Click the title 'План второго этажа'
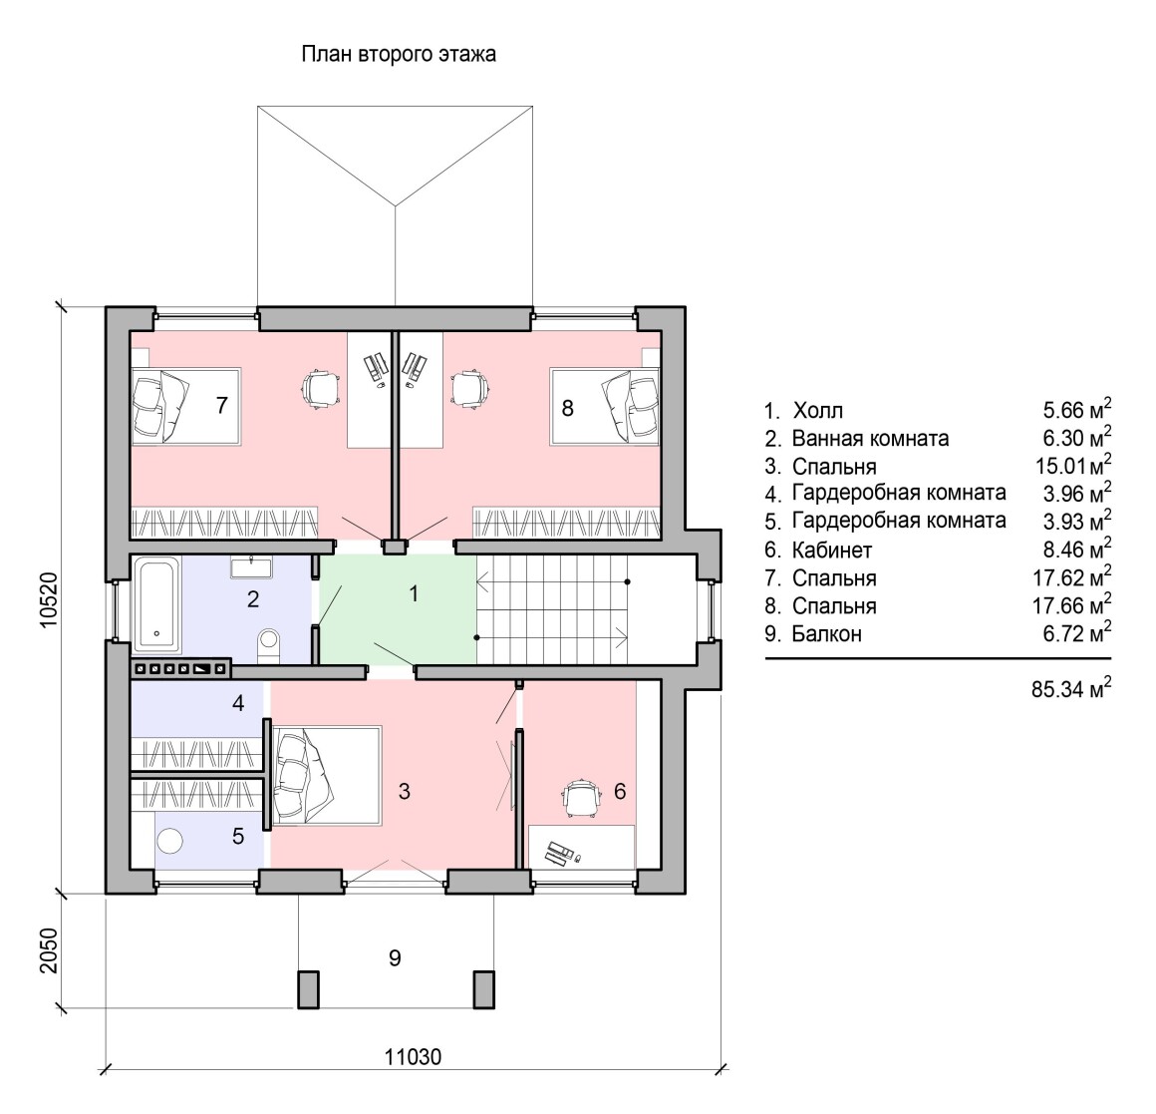coord(398,55)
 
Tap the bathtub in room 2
coord(156,605)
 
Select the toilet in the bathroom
coord(268,645)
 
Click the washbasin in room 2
coord(251,567)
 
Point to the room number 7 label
coord(222,405)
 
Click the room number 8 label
coord(567,408)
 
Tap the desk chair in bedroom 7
coord(322,387)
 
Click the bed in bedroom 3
coord(327,775)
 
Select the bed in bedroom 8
coord(605,407)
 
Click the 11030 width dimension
coord(413,1057)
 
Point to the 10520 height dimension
coord(49,599)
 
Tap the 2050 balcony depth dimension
coord(48,951)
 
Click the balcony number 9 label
coord(395,957)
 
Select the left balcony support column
coord(308,989)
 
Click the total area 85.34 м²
coord(1071,687)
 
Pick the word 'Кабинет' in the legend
coord(831,551)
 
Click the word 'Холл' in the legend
coord(817,410)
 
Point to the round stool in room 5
coord(170,841)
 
